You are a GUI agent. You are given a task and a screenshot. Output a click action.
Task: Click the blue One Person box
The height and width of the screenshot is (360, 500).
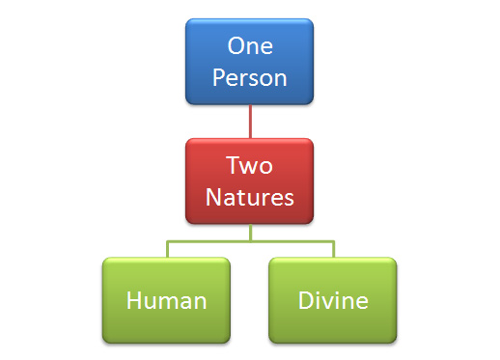coord(250,60)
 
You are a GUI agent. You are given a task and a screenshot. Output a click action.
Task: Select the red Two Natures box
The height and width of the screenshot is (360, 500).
coord(250,180)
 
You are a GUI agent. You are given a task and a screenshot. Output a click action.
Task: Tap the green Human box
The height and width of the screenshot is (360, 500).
coord(167,300)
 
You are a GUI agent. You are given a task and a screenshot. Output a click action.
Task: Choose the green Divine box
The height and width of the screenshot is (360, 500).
coord(333,300)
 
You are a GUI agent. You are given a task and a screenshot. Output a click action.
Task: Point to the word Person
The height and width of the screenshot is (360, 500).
coord(250,76)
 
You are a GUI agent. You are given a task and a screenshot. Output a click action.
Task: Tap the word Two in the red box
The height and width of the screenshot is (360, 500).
coord(250,165)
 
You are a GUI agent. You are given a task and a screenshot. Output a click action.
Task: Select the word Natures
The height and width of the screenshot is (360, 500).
coord(250,197)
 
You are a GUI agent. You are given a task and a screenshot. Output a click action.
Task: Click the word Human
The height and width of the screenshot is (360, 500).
coord(167,300)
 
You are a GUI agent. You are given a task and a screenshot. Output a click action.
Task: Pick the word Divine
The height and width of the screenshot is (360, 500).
coord(333,300)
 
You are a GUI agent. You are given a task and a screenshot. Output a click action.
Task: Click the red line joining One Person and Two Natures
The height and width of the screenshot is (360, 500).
coord(250,121)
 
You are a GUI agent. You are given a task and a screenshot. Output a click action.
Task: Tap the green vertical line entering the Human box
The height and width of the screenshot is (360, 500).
coord(167,249)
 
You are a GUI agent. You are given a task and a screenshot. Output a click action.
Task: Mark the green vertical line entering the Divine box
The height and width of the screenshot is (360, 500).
coord(333,249)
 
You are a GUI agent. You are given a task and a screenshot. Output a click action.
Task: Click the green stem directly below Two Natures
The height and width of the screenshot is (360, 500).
coord(250,232)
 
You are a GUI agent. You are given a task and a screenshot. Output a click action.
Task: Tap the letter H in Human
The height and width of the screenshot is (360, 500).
coord(134,300)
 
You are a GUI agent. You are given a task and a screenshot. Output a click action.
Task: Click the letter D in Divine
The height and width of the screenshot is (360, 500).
coord(304,300)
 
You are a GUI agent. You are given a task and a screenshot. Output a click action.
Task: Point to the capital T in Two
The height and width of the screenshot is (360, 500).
coord(233,165)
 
